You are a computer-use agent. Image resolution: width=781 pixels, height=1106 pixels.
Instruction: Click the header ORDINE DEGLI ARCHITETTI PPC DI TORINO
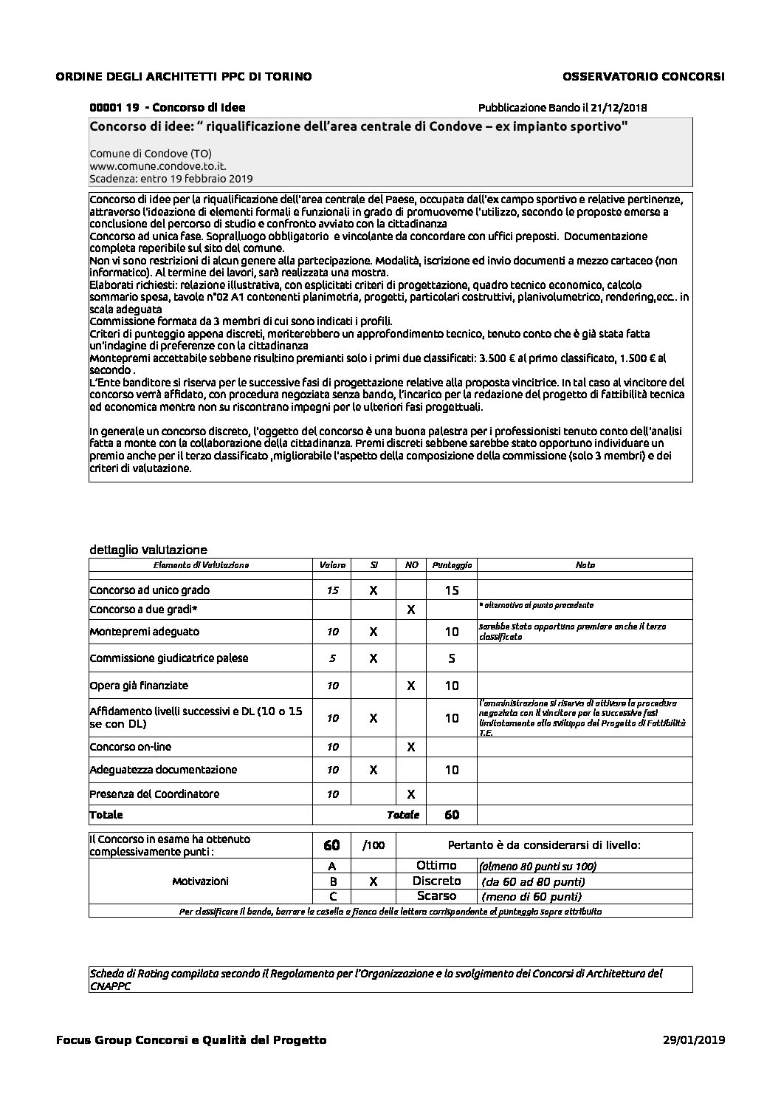tap(184, 76)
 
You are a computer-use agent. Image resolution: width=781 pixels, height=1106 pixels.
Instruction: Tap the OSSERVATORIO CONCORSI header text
tap(643, 76)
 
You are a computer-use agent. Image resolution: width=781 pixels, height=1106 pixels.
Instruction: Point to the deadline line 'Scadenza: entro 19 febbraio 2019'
tap(171, 179)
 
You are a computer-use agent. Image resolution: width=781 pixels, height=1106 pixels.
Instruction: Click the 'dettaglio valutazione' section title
tap(148, 549)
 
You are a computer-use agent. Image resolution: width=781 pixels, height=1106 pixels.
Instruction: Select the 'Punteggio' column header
tap(452, 565)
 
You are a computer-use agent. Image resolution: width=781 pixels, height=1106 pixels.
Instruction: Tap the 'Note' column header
tap(585, 565)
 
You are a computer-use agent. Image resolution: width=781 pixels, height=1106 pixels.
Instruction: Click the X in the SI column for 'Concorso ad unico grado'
tap(374, 590)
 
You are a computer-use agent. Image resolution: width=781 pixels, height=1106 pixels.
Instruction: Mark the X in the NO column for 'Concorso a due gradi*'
tap(411, 610)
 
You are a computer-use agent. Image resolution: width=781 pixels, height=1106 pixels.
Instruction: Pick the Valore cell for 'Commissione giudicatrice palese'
tap(332, 658)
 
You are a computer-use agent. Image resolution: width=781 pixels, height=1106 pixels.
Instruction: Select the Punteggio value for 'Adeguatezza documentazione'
tap(452, 770)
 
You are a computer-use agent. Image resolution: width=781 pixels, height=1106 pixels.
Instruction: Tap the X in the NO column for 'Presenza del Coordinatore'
tap(411, 794)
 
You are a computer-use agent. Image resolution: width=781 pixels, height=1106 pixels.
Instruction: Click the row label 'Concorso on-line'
tap(130, 747)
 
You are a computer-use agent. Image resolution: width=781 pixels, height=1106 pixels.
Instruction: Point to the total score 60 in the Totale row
tap(452, 815)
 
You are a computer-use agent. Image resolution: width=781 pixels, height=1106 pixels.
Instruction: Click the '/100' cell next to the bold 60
tap(374, 845)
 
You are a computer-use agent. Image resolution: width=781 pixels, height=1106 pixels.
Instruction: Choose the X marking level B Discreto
tap(374, 881)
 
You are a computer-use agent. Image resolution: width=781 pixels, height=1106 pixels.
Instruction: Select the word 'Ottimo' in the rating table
tap(436, 865)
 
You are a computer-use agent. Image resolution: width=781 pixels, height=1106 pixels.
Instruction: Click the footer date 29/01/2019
tap(695, 1040)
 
